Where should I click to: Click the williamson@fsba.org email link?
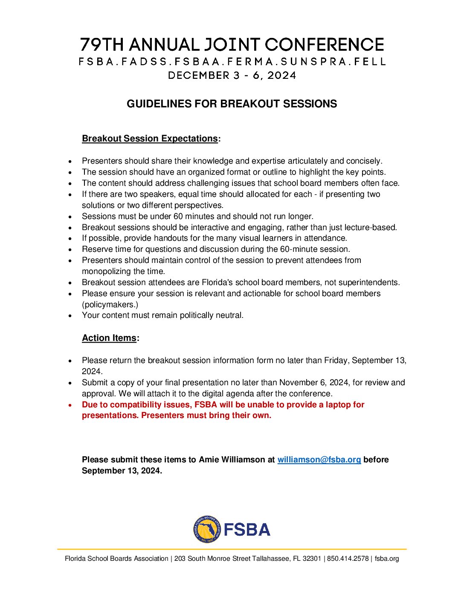pyautogui.click(x=319, y=460)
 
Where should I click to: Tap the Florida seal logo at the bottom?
pyautogui.click(x=207, y=529)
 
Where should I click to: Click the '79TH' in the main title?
pyautogui.click(x=102, y=45)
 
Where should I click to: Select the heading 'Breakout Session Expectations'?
pyautogui.click(x=150, y=139)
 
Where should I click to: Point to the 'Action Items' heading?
pyautogui.click(x=109, y=338)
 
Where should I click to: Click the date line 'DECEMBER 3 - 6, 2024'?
pyautogui.click(x=232, y=75)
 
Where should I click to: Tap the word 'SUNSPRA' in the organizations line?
pyautogui.click(x=313, y=62)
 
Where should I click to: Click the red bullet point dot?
pyautogui.click(x=70, y=405)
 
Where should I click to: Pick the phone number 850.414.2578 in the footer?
pyautogui.click(x=348, y=559)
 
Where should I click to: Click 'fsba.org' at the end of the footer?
pyautogui.click(x=387, y=559)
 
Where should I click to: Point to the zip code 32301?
pyautogui.click(x=311, y=559)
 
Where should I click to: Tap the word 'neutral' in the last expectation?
pyautogui.click(x=229, y=315)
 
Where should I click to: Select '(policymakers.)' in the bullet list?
pyautogui.click(x=110, y=305)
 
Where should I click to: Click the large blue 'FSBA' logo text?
pyautogui.click(x=247, y=530)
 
